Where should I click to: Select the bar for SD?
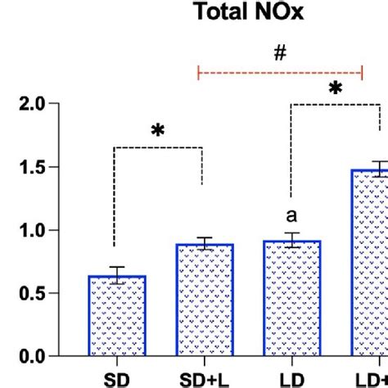click(x=116, y=316)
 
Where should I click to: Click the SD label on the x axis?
click(x=116, y=379)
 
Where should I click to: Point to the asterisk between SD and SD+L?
click(x=157, y=131)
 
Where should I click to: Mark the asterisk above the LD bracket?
click(x=335, y=88)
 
